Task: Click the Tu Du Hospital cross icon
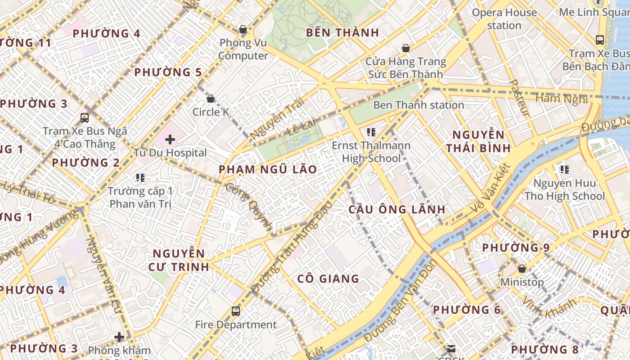(x=170, y=139)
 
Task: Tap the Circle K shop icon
(x=211, y=99)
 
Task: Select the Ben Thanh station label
(x=418, y=105)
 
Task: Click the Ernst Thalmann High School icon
(x=371, y=132)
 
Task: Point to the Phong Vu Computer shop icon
(x=243, y=30)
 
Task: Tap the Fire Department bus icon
(x=236, y=311)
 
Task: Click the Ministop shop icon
(x=522, y=269)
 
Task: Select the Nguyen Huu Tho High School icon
(x=565, y=170)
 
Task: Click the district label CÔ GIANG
(x=328, y=279)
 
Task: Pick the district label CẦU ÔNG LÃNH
(x=397, y=209)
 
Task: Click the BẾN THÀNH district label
(x=342, y=33)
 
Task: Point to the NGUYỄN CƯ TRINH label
(x=179, y=260)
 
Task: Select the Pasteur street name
(x=520, y=99)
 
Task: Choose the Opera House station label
(x=504, y=19)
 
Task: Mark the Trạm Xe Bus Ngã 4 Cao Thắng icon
(x=85, y=118)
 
